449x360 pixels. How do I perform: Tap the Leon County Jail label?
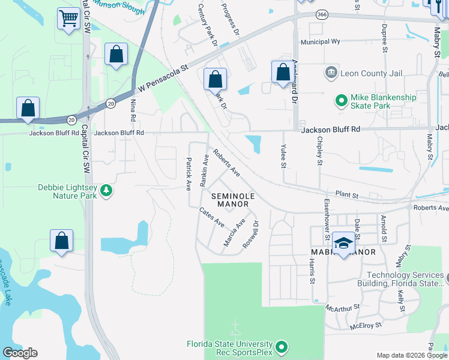371,73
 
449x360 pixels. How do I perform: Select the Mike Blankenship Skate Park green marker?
342,100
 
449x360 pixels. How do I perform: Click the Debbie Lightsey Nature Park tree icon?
106,190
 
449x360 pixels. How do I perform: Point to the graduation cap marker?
343,243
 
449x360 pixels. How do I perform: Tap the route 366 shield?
322,15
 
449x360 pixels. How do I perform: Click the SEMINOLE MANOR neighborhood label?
233,200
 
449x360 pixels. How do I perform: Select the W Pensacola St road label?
163,78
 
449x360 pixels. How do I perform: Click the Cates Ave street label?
211,217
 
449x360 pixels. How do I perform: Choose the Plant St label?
346,194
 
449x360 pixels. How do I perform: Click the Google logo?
20,353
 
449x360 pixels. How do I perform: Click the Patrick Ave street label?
188,172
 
